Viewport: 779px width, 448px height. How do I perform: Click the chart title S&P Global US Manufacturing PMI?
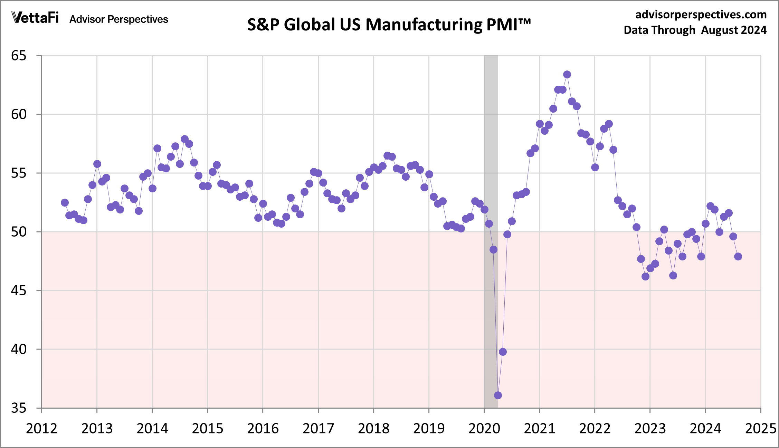(389, 25)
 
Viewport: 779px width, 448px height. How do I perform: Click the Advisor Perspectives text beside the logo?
(118, 19)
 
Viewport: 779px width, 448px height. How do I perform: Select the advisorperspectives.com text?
(701, 15)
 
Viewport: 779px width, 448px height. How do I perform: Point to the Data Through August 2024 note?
(695, 30)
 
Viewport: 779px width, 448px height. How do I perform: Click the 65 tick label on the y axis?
(19, 56)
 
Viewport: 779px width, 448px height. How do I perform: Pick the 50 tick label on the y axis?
(19, 232)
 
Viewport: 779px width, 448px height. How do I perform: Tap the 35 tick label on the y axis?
(19, 408)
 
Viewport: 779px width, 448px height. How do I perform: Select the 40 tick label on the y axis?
(19, 349)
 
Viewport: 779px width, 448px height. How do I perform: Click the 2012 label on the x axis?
(41, 429)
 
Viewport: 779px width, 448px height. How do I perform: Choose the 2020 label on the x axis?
(484, 429)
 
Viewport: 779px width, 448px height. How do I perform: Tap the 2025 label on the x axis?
(761, 429)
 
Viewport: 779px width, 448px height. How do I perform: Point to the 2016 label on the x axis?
(263, 429)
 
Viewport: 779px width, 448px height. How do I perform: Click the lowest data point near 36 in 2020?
(498, 395)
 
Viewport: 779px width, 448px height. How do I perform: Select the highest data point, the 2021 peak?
(567, 74)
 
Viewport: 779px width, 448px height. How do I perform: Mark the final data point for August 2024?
(738, 256)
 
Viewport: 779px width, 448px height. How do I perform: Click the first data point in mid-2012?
(65, 202)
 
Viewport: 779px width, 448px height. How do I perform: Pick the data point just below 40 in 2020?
(503, 352)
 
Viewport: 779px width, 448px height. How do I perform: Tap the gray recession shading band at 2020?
(491, 138)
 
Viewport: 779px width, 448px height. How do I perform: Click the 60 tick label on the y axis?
(19, 114)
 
